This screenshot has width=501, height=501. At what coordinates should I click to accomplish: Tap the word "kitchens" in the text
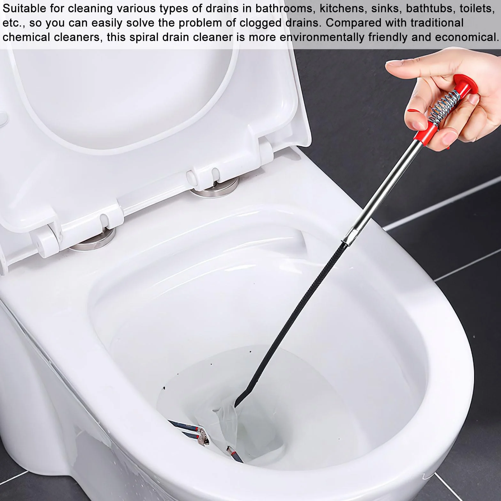coord(343,8)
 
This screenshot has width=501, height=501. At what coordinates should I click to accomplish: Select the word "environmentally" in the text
coord(322,37)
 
